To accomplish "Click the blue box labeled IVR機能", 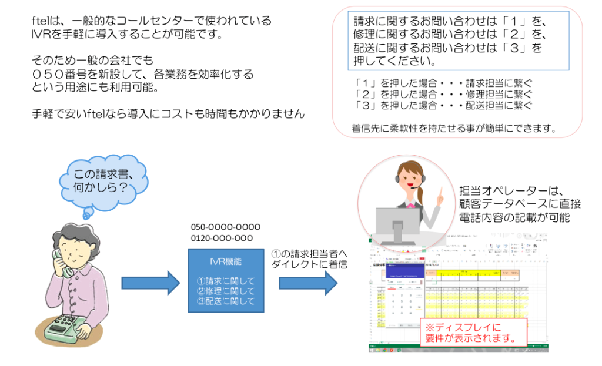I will pyautogui.click(x=226, y=281).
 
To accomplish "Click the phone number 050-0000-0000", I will pyautogui.click(x=225, y=227).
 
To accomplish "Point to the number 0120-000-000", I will pyautogui.click(x=222, y=238).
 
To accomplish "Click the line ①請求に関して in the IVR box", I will pyautogui.click(x=226, y=281).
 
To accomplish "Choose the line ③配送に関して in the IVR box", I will pyautogui.click(x=226, y=301).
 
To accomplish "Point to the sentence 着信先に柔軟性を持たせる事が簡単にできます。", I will pyautogui.click(x=454, y=128).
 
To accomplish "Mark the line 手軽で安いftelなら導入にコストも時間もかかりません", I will pyautogui.click(x=168, y=114).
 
